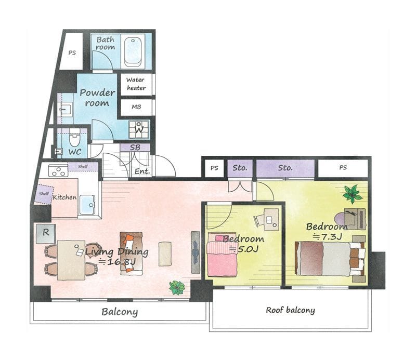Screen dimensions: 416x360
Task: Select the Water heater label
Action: [x=136, y=84]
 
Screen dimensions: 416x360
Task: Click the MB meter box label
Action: [x=136, y=107]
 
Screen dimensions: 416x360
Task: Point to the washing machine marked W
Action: [x=139, y=130]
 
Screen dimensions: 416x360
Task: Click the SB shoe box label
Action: [x=135, y=148]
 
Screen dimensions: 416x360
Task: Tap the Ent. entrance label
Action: [x=142, y=171]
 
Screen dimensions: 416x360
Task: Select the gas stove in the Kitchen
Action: [x=58, y=170]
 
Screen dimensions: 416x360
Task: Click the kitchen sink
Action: [x=87, y=205]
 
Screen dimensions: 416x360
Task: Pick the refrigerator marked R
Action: [x=46, y=234]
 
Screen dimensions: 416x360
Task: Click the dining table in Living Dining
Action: [x=71, y=260]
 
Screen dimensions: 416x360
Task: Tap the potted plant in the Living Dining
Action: [x=177, y=288]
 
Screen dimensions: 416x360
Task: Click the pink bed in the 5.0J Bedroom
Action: [x=223, y=255]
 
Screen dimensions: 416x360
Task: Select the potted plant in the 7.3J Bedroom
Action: [x=352, y=194]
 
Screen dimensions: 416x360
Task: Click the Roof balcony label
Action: [x=291, y=310]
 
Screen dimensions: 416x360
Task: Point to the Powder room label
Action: [x=97, y=98]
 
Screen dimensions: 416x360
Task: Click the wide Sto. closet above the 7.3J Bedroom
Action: [x=285, y=168]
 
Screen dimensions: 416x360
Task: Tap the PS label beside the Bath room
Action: [x=72, y=53]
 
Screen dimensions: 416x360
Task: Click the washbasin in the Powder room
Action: [x=64, y=109]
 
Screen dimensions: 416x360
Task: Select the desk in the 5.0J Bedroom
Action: [x=271, y=219]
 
